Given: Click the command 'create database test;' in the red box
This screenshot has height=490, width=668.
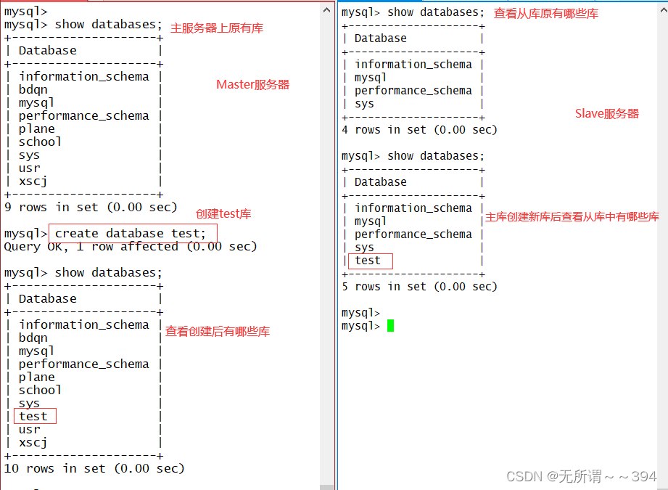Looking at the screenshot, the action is coord(131,233).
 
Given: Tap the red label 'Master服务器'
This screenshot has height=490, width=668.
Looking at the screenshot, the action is coord(252,85).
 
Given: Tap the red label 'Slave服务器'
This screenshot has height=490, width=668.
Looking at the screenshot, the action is coord(607,113).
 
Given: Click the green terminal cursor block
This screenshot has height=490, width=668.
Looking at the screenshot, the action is coord(390,326).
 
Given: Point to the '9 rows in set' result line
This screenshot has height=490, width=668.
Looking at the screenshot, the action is coord(91,207).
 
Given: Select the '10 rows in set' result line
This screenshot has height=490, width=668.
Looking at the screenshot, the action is coord(94,468).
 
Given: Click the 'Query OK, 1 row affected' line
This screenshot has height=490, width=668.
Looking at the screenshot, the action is coord(131,247).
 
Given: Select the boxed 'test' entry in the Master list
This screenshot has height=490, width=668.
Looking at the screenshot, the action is coord(34,416).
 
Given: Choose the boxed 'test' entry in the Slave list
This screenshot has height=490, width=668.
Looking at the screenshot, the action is coord(368,261).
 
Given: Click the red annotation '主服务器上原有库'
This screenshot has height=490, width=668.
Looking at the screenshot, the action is coord(217,28).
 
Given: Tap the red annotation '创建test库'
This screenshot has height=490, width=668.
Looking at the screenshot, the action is coord(223,214).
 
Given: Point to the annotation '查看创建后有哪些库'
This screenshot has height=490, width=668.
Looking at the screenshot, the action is coord(218,332).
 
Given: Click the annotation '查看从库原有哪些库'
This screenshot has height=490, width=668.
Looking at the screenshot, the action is coord(546,13).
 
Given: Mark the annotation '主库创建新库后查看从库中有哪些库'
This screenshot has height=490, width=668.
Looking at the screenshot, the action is coord(572,217).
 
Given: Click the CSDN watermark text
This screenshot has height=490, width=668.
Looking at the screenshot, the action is coord(581,476).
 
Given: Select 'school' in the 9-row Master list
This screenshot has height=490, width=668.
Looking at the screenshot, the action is coord(40,142).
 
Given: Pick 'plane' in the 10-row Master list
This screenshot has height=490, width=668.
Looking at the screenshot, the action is coord(37,377).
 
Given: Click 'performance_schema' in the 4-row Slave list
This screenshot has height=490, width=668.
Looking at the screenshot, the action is coord(413,91).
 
